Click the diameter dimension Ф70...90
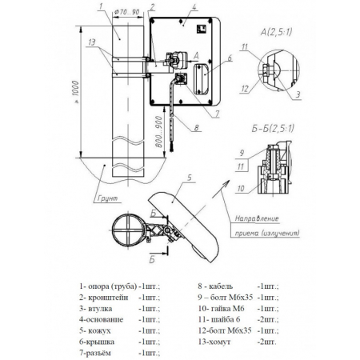tap(127, 12)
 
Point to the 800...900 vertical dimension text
tap(159, 132)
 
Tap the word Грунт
tap(107, 198)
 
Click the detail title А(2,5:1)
tap(276, 32)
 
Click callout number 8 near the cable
tap(196, 127)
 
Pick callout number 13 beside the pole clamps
tap(92, 42)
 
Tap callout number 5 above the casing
tap(190, 178)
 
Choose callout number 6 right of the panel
tap(230, 58)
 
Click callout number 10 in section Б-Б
tap(241, 189)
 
